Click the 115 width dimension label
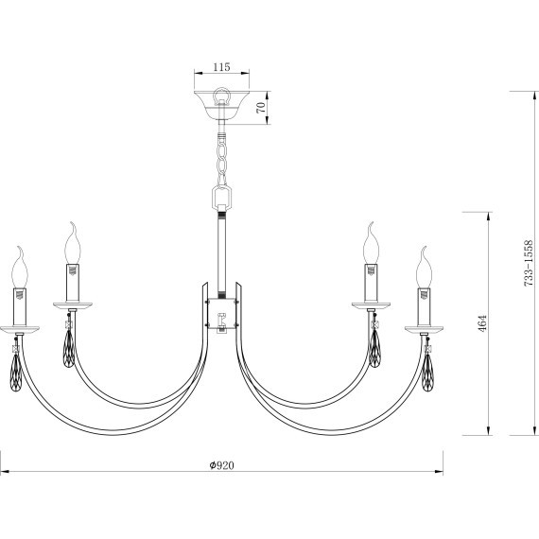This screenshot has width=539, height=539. tap(221, 67)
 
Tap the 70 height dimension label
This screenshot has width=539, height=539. tap(261, 108)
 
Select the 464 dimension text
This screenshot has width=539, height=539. tap(482, 323)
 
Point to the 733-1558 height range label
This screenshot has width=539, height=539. tap(528, 263)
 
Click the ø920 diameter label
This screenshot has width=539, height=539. tap(221, 465)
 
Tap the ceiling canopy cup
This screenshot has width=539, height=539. tap(221, 105)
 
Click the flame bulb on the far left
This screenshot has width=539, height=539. tap(20, 267)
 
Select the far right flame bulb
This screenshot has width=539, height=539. tap(424, 267)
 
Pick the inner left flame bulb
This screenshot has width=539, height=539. tap(73, 243)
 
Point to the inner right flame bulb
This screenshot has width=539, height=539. tap(371, 243)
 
